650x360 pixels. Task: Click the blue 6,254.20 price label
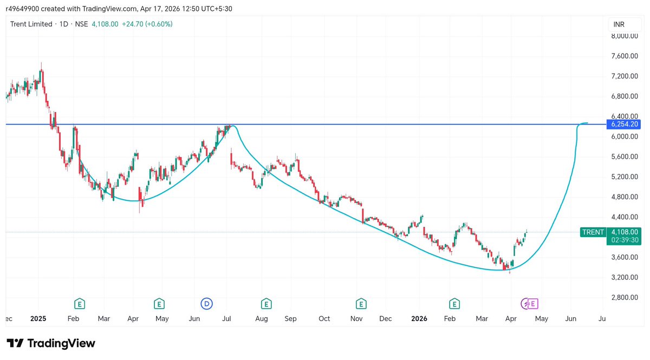pos(625,125)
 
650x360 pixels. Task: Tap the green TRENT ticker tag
pos(593,232)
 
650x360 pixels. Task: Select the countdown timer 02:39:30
pos(625,240)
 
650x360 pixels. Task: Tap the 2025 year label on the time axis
pos(38,319)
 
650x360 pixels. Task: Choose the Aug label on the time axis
pos(261,319)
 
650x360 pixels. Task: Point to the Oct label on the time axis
pos(324,319)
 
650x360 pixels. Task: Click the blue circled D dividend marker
pos(206,303)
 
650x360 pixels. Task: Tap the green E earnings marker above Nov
pos(360,303)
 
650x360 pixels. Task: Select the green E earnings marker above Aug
pos(266,303)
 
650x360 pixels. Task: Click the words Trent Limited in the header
pos(31,24)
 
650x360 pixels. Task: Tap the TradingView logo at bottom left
pos(51,343)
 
